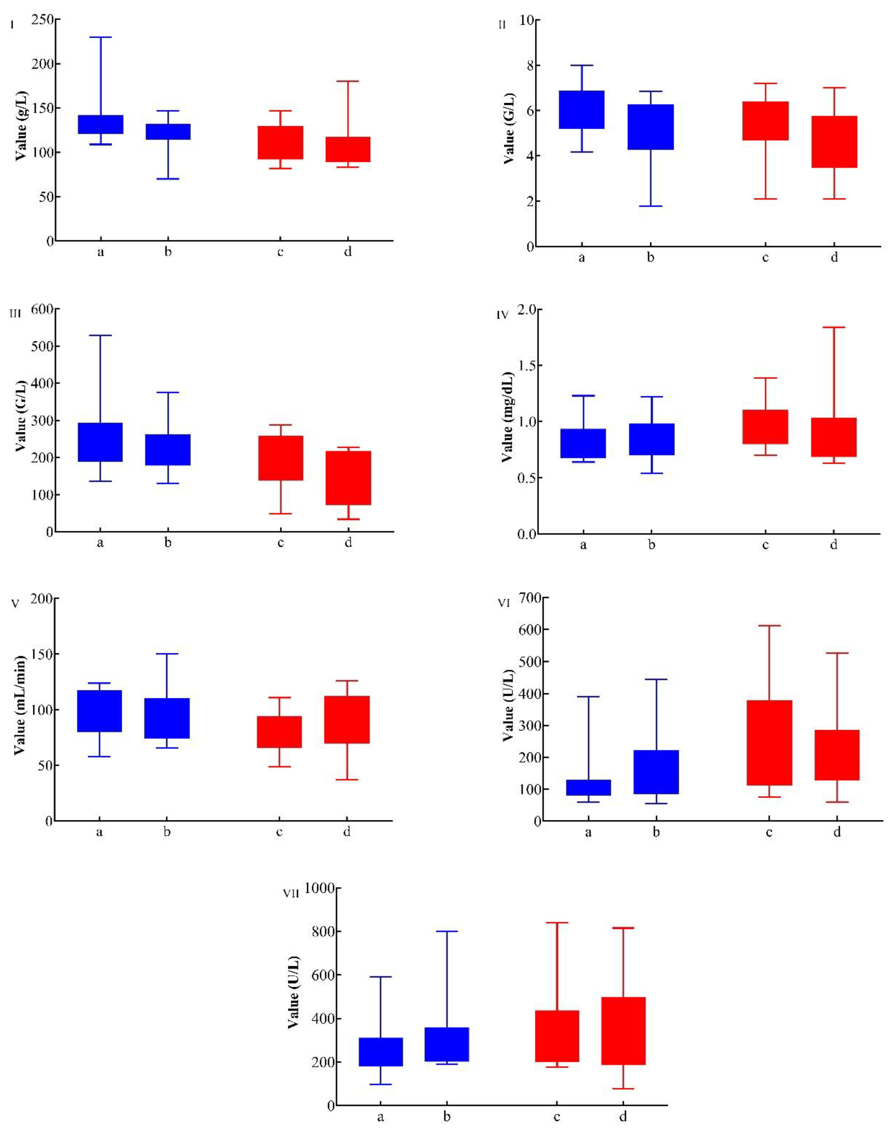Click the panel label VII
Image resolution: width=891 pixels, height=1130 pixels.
click(290, 893)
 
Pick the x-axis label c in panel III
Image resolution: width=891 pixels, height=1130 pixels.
click(281, 543)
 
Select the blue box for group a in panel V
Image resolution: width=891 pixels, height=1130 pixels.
click(99, 711)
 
